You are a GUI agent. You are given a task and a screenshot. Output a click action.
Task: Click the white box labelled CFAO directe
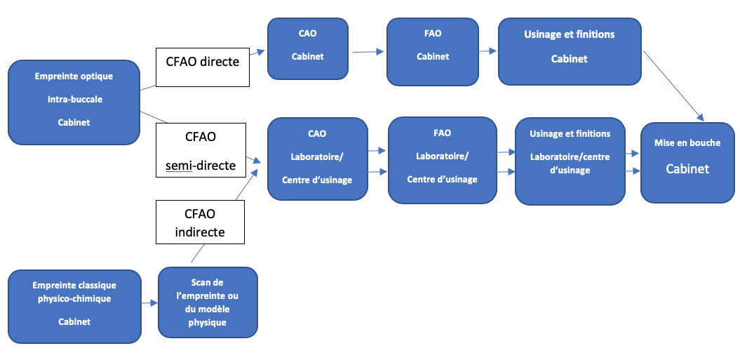click(x=203, y=67)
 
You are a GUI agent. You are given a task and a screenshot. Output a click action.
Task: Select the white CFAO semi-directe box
click(x=201, y=150)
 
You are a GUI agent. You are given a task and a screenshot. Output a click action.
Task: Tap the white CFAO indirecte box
click(x=200, y=222)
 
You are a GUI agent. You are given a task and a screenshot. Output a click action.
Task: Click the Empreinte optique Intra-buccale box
click(x=74, y=102)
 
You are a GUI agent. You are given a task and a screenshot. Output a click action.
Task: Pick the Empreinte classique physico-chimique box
click(x=74, y=307)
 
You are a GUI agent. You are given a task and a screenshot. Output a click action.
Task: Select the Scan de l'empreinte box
click(x=208, y=302)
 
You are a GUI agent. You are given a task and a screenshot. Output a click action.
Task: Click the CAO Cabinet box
click(x=308, y=48)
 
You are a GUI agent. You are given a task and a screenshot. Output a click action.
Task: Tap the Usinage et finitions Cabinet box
click(x=570, y=51)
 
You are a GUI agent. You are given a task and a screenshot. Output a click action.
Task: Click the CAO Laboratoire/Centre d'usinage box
click(x=317, y=159)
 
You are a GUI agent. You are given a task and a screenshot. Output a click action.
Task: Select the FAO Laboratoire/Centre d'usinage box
click(x=442, y=161)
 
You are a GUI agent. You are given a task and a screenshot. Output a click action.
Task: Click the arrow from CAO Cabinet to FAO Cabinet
click(x=368, y=52)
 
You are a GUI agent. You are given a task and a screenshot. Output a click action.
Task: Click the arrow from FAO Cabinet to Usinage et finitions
click(x=488, y=51)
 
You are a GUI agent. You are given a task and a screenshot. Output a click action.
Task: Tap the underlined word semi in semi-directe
click(x=179, y=166)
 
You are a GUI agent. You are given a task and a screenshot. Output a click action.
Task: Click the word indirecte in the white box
click(x=200, y=232)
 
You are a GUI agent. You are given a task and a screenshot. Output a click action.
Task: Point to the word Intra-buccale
click(x=74, y=99)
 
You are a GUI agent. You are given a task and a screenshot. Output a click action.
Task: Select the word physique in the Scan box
click(x=208, y=323)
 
